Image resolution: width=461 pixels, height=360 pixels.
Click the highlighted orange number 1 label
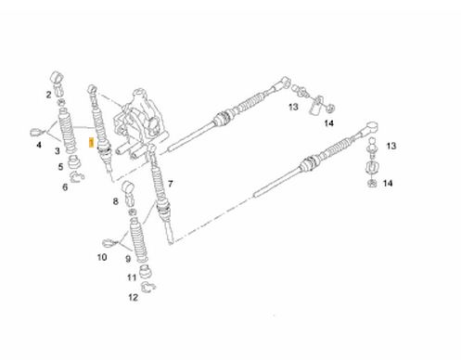91,143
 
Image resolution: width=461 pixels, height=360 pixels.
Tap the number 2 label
48,95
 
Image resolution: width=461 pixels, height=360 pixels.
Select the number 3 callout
58,151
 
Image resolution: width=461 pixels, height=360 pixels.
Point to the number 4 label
39,145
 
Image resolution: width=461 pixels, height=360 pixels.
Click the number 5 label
60,167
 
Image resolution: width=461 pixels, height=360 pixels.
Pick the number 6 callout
65,187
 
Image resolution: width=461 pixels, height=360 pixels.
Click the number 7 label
171,184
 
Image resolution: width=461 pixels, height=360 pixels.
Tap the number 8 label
115,201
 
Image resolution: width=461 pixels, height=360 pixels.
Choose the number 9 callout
128,259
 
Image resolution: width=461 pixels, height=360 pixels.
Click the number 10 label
102,257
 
